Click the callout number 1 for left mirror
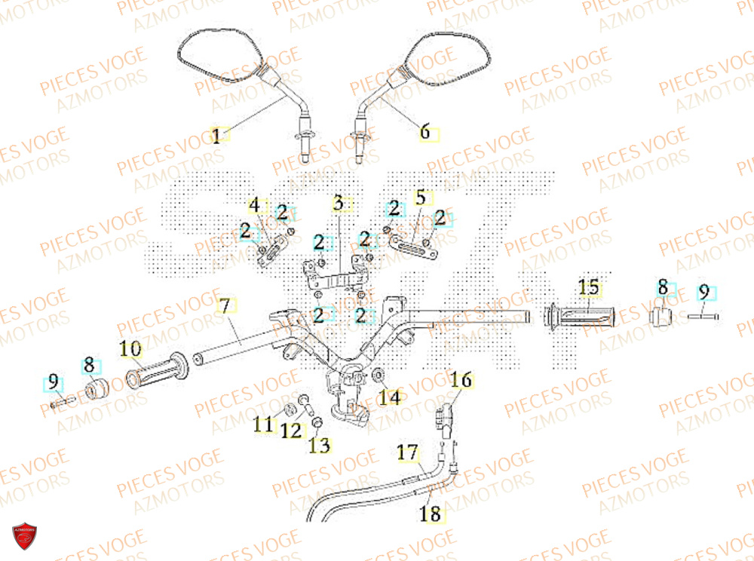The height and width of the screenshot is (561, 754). point(216,136)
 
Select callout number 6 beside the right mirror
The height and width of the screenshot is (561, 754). point(425,133)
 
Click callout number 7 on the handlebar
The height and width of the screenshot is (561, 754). point(223,307)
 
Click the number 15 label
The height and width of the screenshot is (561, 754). point(588,287)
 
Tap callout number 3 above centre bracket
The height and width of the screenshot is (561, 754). point(338,203)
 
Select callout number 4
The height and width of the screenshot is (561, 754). point(255,205)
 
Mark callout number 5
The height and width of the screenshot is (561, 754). point(421,198)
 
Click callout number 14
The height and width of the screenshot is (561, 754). point(389,397)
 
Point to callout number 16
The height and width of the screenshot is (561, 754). point(461,380)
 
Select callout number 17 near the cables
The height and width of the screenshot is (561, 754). point(407,453)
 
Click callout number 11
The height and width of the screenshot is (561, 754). point(262,426)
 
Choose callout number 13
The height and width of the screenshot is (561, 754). point(320,446)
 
